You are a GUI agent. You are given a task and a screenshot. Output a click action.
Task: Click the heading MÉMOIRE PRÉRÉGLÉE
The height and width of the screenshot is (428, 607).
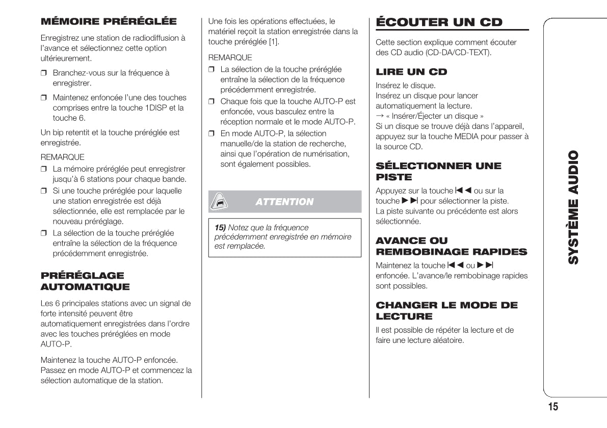point(109,21)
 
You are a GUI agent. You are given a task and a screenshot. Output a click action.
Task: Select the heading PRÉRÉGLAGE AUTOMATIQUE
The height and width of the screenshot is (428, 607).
point(85,281)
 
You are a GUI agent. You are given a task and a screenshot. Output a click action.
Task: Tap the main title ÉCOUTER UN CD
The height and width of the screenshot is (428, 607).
point(439,22)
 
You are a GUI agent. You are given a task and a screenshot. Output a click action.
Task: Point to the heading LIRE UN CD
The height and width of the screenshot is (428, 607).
point(411,72)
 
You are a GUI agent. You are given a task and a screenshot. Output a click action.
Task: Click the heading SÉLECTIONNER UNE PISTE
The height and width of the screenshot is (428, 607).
point(438,171)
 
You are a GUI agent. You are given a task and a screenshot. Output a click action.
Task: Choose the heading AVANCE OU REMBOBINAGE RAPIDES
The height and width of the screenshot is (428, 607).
point(451,246)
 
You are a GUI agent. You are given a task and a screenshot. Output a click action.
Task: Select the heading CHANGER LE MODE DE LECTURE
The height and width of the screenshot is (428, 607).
point(446,311)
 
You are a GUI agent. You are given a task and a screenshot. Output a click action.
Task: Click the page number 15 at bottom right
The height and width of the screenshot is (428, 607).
point(553,406)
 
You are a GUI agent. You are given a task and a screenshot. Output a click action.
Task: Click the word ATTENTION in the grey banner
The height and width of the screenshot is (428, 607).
point(284,202)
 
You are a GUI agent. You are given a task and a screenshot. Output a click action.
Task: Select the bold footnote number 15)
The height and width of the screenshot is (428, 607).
point(220,228)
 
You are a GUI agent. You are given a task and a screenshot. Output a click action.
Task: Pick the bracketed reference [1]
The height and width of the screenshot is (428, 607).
point(274,42)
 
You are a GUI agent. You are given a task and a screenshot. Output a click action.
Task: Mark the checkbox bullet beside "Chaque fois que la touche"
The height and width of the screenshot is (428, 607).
point(212,102)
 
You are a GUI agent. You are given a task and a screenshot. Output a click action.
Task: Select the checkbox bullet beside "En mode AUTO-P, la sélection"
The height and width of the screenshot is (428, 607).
point(212,133)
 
